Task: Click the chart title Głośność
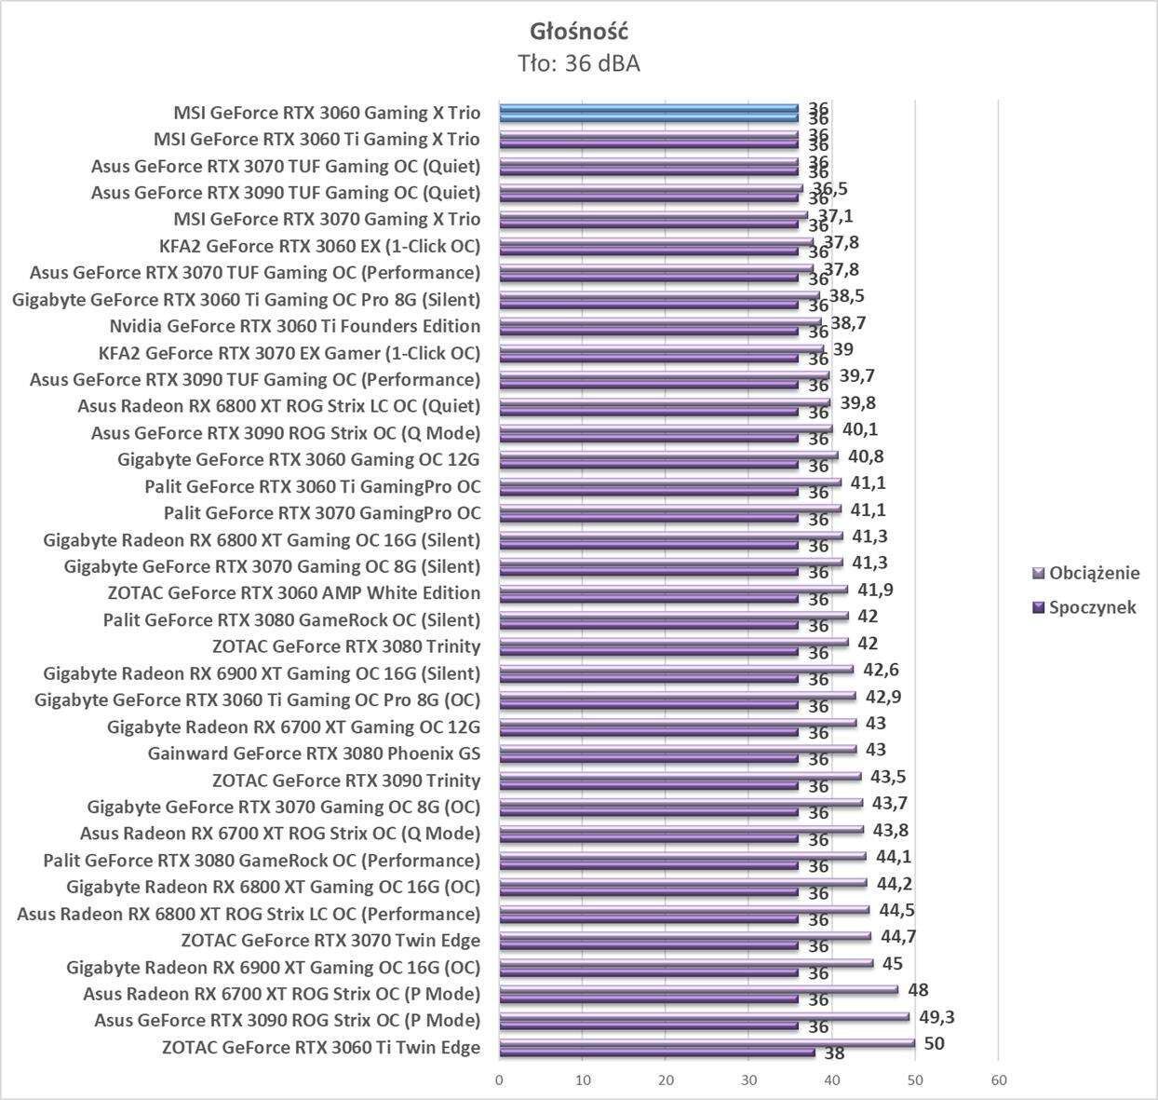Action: [579, 32]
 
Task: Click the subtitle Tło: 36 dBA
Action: [579, 64]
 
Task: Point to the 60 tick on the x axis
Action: [999, 1080]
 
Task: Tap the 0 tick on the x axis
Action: [500, 1080]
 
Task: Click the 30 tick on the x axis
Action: [749, 1080]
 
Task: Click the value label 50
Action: [934, 1043]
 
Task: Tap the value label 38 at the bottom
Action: [835, 1054]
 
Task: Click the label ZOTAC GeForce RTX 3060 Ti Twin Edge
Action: [321, 1047]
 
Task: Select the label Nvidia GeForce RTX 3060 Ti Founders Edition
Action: [295, 326]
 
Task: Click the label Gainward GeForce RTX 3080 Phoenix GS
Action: [314, 754]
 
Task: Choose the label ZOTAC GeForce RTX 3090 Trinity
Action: [346, 781]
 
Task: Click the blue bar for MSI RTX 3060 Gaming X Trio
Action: [649, 109]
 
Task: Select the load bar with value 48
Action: [698, 990]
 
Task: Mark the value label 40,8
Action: [863, 456]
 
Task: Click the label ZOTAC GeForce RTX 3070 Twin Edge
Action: [330, 941]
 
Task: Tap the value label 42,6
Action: [880, 670]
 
